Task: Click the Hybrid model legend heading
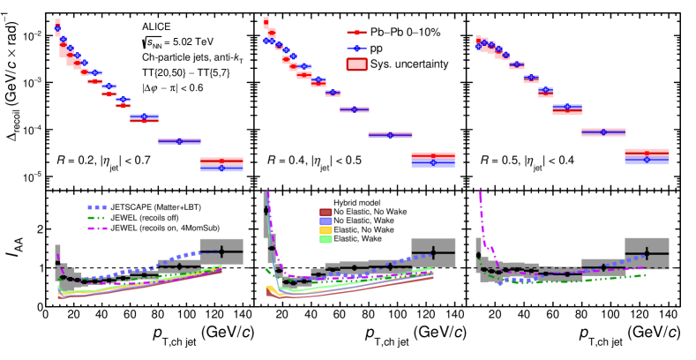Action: [362, 202]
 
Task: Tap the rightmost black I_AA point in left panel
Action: [221, 251]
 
